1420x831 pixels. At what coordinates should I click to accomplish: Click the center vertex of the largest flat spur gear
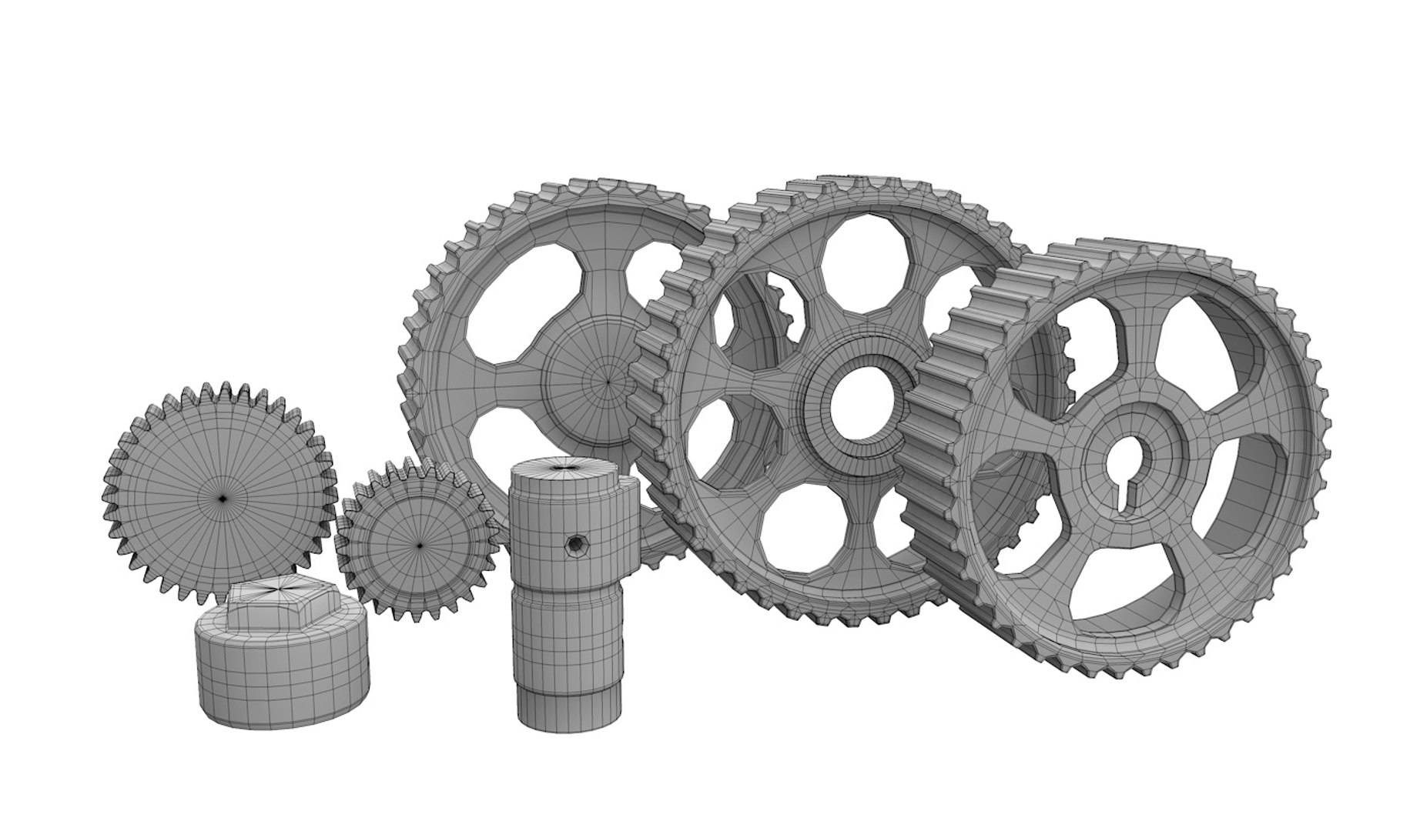tap(222, 499)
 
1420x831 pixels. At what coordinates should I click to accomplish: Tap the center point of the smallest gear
tap(419, 546)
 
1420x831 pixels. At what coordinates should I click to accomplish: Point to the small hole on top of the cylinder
tap(568, 466)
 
